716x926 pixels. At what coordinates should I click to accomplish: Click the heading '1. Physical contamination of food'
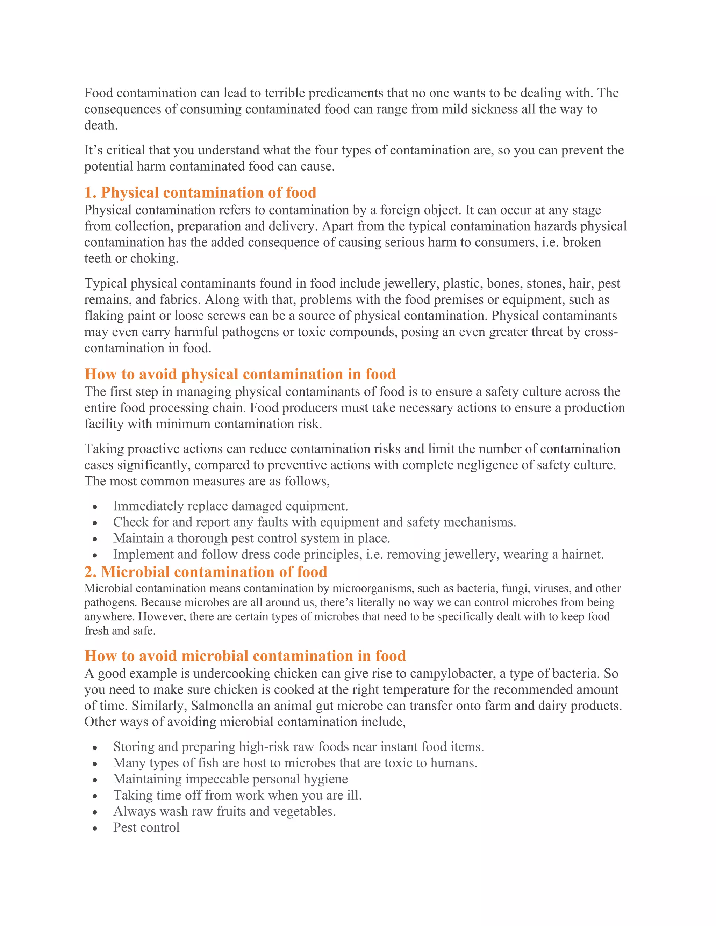pos(200,193)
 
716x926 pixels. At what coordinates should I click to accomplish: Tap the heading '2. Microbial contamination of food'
pos(206,572)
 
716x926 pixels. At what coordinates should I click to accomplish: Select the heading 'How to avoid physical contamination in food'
pos(240,374)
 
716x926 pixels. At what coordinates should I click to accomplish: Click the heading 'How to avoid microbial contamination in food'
pos(245,656)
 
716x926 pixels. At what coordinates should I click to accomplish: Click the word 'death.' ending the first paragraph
pos(101,125)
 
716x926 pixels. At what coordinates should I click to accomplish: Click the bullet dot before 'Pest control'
pos(95,829)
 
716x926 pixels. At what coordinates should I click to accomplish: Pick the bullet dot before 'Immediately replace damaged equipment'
pos(95,507)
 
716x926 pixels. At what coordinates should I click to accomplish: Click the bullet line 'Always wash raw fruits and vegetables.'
pos(224,811)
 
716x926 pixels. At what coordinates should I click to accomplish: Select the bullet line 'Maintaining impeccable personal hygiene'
pos(230,779)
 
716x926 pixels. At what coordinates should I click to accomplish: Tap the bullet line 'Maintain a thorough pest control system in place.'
pos(251,538)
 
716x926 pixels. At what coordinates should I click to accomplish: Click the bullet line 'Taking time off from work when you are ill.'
pos(237,795)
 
